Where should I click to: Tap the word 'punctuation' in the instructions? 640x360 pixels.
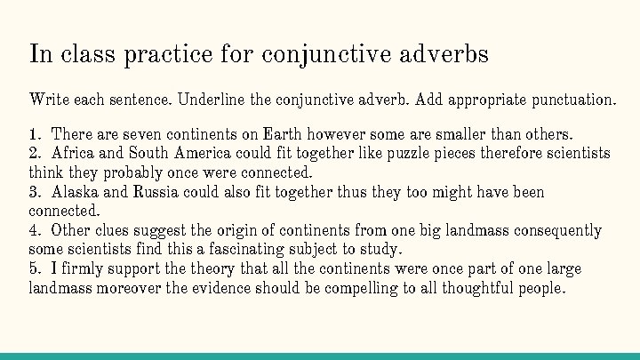572,99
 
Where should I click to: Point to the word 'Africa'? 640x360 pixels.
74,154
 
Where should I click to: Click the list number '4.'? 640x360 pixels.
36,230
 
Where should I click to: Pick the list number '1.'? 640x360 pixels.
36,134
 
